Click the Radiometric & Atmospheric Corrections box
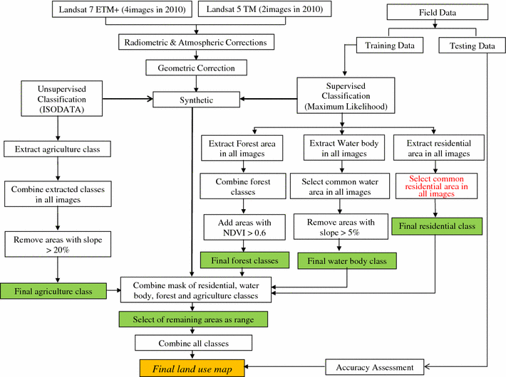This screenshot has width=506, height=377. click(197, 43)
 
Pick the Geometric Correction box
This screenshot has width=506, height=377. click(197, 69)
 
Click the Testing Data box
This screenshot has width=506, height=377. click(472, 46)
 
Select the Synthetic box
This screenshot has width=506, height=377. click(192, 100)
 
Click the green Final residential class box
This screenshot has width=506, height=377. click(436, 227)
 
